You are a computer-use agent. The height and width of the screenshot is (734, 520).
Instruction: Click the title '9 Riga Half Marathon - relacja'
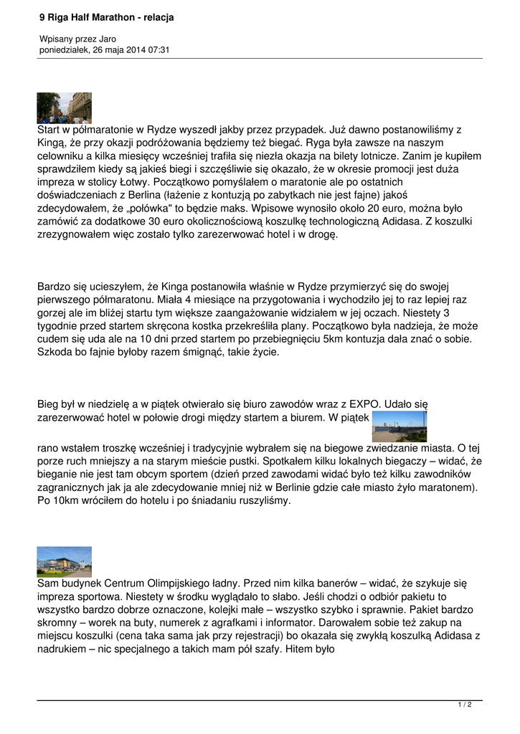click(106, 17)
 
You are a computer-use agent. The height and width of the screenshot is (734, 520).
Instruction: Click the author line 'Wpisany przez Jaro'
click(77, 39)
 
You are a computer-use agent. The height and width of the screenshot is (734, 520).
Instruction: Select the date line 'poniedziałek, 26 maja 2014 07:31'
click(104, 49)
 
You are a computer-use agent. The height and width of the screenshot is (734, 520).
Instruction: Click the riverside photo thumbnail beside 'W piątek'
click(400, 426)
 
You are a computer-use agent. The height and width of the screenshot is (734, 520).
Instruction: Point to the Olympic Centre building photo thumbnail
click(64, 561)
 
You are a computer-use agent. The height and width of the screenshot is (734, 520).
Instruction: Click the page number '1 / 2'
click(465, 705)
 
